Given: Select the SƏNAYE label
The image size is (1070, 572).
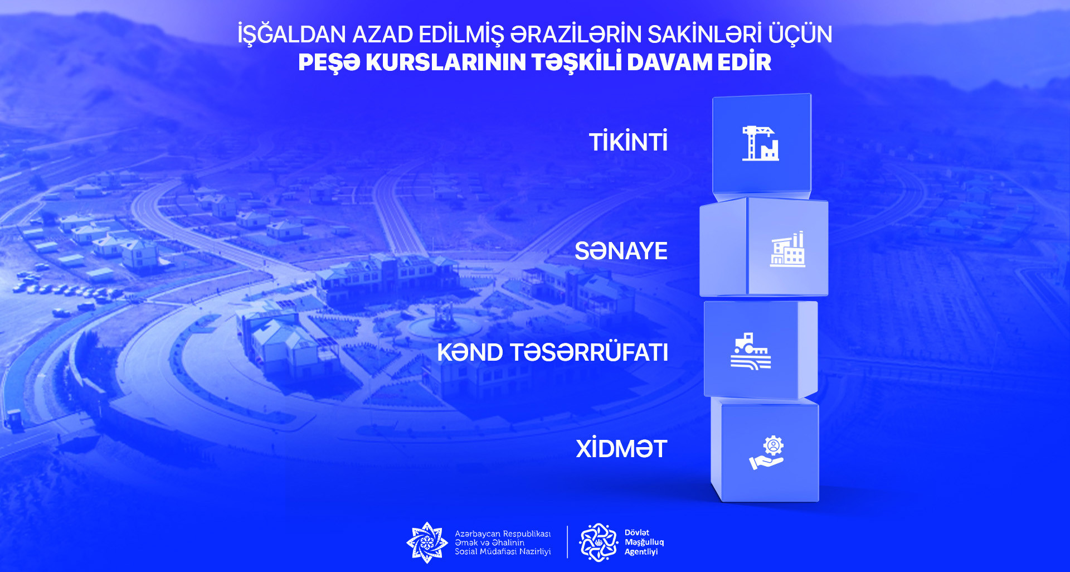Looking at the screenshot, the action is pyautogui.click(x=621, y=251).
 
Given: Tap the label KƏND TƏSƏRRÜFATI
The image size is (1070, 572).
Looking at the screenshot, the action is pyautogui.click(x=552, y=352).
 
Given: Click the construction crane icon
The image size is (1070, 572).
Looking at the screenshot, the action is pyautogui.click(x=760, y=143).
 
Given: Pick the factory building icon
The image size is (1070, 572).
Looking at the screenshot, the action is pyautogui.click(x=787, y=249).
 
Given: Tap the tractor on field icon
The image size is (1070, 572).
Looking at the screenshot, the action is pyautogui.click(x=751, y=351).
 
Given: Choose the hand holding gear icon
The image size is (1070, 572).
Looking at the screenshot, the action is pyautogui.click(x=767, y=453).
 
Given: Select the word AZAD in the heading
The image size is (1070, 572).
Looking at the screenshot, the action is pyautogui.click(x=383, y=35).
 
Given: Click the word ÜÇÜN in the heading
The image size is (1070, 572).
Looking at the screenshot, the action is pyautogui.click(x=800, y=34).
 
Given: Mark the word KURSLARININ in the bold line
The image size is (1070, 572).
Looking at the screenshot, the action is pyautogui.click(x=446, y=62).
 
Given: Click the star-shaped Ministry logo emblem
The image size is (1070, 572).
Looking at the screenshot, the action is pyautogui.click(x=427, y=542).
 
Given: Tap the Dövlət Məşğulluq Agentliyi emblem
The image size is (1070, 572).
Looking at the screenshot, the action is pyautogui.click(x=599, y=542).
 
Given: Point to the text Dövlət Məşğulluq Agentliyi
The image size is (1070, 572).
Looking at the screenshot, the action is pyautogui.click(x=644, y=542).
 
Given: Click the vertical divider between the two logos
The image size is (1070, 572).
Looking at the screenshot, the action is pyautogui.click(x=567, y=542).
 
